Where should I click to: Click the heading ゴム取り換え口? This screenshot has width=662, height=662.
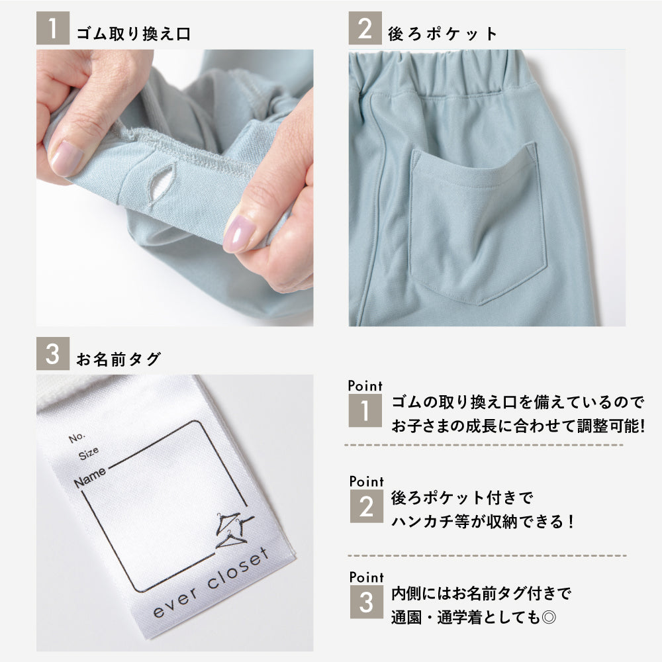click(x=134, y=34)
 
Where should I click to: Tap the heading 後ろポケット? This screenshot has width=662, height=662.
click(x=442, y=34)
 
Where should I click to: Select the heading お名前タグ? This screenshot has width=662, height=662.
click(x=118, y=359)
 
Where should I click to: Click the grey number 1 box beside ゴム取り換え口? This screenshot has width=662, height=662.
click(x=53, y=28)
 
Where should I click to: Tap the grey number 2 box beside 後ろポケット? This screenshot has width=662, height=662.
click(x=365, y=28)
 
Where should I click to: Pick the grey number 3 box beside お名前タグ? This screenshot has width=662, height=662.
click(x=53, y=354)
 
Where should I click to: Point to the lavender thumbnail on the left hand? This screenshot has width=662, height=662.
click(x=66, y=158)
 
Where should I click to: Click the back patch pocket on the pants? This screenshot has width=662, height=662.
click(x=479, y=223)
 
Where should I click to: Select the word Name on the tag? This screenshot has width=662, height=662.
click(x=90, y=477)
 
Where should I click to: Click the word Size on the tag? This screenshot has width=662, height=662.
click(x=89, y=453)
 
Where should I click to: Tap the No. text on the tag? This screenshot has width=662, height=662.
click(x=77, y=438)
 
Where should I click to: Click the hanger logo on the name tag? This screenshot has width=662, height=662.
click(x=234, y=530)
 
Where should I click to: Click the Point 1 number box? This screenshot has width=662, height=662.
click(x=365, y=410)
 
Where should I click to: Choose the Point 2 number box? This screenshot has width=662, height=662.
click(x=367, y=506)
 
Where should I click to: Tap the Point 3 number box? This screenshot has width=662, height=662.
click(x=367, y=602)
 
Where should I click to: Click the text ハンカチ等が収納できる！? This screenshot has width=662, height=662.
click(x=483, y=522)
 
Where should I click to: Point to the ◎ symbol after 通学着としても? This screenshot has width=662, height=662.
click(x=548, y=618)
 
